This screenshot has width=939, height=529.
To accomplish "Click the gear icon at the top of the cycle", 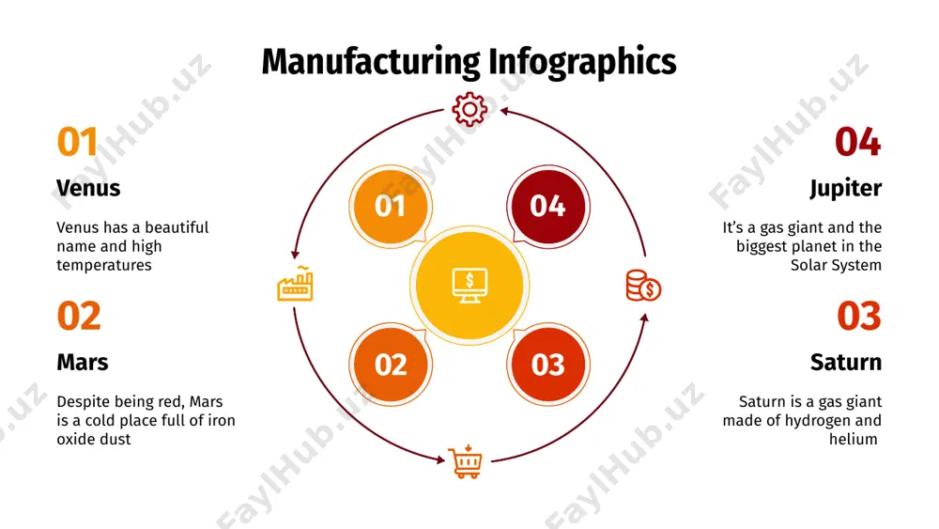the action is [x=469, y=109].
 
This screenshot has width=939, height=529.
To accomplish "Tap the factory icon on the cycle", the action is [x=295, y=284].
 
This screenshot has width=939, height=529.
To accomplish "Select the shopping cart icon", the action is [x=466, y=461].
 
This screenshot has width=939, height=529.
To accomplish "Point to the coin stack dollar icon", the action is [x=643, y=285].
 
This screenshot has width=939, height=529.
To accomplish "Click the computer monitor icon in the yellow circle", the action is [x=469, y=286].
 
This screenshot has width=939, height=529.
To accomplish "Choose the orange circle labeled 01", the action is [x=391, y=207].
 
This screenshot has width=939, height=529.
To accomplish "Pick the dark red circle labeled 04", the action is [x=548, y=207].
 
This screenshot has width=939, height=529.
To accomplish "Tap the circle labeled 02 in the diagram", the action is [x=391, y=365].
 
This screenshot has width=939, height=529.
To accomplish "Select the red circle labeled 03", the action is [x=548, y=365].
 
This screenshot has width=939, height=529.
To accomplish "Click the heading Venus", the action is [x=88, y=188].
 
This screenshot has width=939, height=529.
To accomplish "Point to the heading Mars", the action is [x=83, y=363].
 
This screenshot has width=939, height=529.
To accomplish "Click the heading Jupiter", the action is [x=846, y=189].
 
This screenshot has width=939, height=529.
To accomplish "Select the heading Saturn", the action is [x=846, y=363].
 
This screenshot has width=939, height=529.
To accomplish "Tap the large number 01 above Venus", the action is [x=77, y=142].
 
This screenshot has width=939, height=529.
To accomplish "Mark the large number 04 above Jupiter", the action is [x=857, y=142].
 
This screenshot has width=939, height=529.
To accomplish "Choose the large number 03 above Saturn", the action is [x=859, y=316].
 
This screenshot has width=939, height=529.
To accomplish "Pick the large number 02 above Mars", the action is [x=79, y=316].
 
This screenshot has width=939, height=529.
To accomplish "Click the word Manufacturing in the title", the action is [x=371, y=62].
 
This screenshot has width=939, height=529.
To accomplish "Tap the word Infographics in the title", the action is [x=582, y=63].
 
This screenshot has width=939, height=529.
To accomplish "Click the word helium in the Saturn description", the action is [x=854, y=439].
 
